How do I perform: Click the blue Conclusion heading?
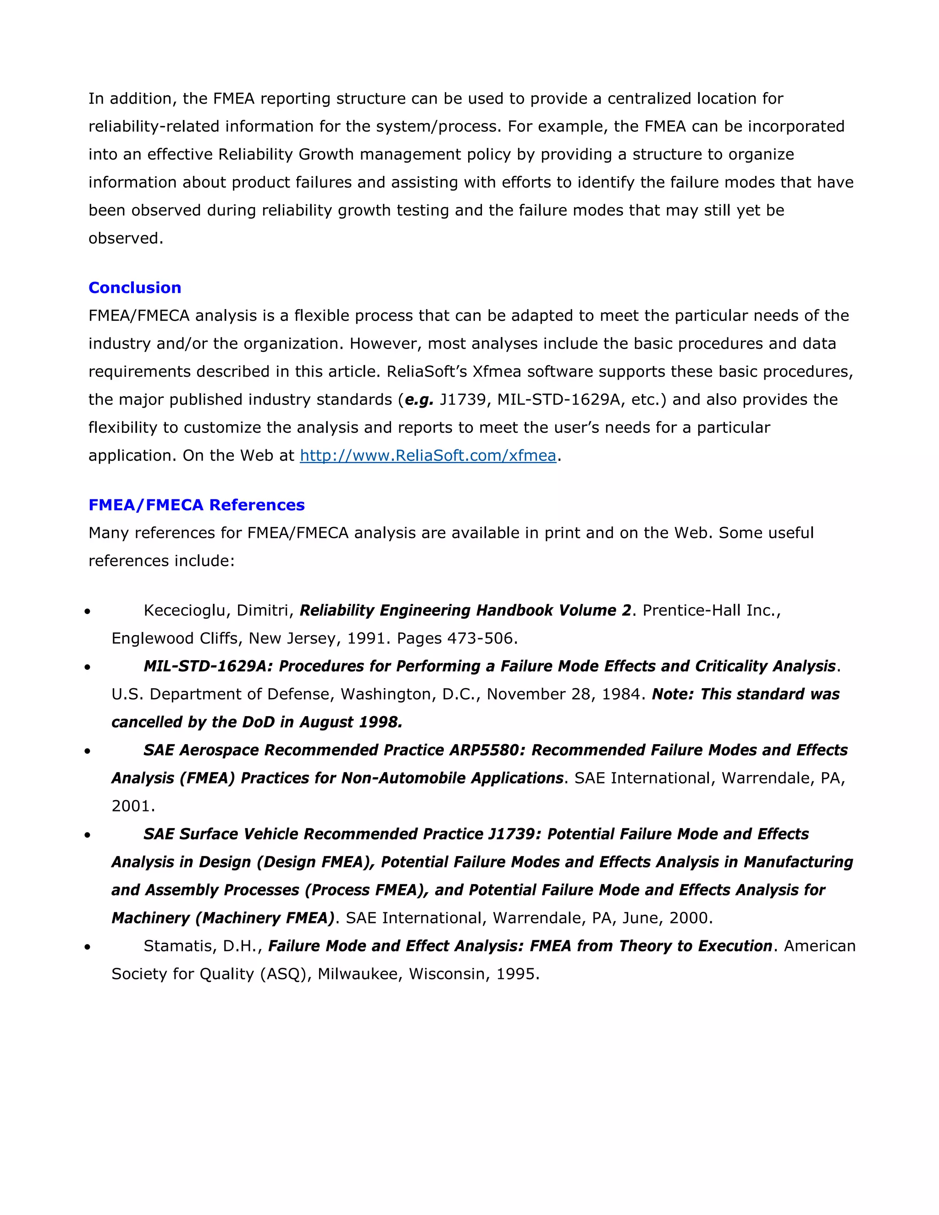(x=135, y=287)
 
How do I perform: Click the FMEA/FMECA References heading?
(x=196, y=505)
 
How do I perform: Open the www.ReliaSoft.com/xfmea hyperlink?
(x=428, y=456)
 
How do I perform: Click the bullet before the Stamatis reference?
(x=87, y=947)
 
